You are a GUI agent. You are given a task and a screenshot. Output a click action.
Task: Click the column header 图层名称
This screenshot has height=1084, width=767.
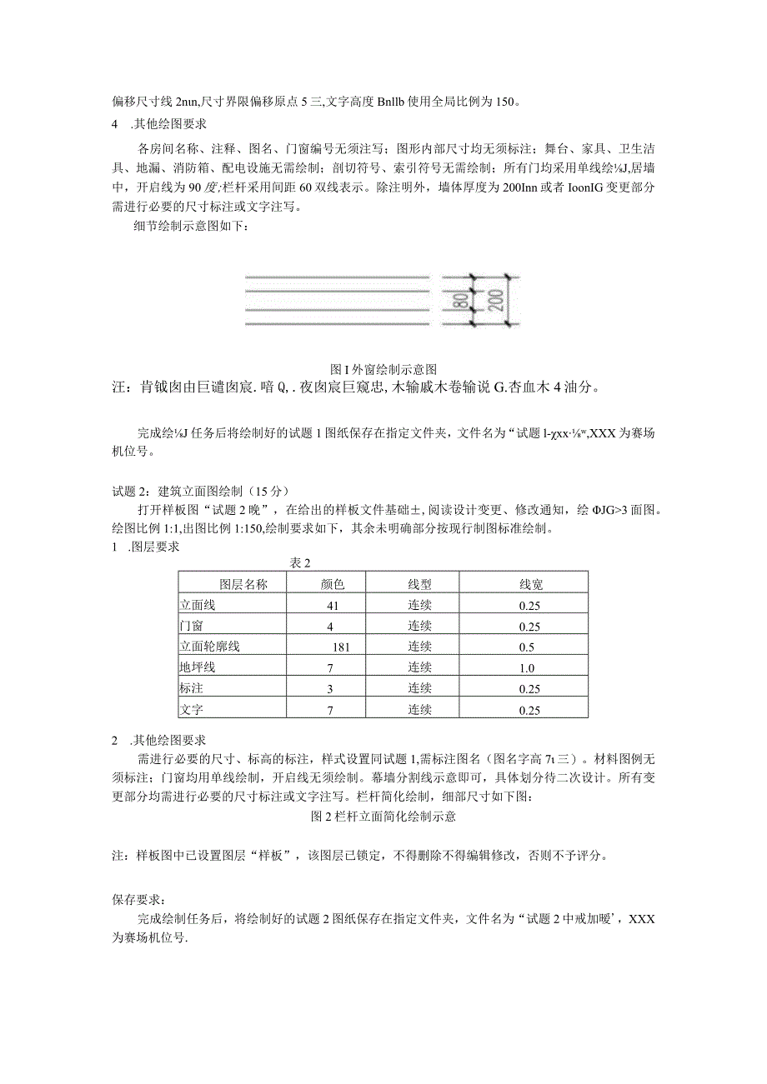tap(231, 584)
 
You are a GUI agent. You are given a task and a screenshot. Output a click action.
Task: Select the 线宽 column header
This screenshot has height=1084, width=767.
tap(531, 584)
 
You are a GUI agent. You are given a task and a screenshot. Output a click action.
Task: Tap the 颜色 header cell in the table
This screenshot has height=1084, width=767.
tap(333, 584)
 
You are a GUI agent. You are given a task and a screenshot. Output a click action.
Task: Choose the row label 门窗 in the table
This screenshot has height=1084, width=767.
tap(191, 626)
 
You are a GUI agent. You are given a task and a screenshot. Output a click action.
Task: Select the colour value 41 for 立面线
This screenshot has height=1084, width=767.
tap(333, 606)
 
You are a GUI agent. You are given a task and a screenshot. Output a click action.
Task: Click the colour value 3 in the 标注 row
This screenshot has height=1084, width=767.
tap(332, 689)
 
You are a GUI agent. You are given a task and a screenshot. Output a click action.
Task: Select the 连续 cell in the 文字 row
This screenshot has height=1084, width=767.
tap(419, 710)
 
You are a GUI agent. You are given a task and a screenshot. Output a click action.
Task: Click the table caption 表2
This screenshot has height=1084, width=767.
tap(299, 563)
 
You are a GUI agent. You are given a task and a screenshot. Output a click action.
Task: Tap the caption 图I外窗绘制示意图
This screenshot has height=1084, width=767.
tap(384, 368)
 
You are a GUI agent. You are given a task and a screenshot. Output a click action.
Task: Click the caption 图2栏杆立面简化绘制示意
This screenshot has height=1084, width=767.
tap(383, 817)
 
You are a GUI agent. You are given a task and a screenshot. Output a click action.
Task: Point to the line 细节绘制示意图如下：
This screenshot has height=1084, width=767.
tap(191, 227)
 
